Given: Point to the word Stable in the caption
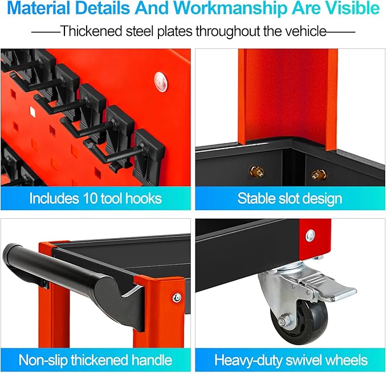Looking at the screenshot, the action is click(x=256, y=198).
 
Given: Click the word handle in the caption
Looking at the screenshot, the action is click(x=152, y=360).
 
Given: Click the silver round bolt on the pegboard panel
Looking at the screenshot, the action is click(x=161, y=82).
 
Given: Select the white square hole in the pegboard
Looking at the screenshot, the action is click(x=32, y=111).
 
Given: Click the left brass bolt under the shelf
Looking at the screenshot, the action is click(x=257, y=171).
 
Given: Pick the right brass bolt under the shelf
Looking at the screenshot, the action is click(x=319, y=175).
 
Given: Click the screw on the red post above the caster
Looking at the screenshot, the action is click(x=310, y=236).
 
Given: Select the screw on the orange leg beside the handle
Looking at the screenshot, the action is click(x=177, y=298).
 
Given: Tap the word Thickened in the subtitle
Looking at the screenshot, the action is click(x=92, y=31).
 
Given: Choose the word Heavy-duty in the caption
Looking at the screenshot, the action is click(x=248, y=360).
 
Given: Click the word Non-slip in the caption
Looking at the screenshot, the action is click(x=43, y=360).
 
